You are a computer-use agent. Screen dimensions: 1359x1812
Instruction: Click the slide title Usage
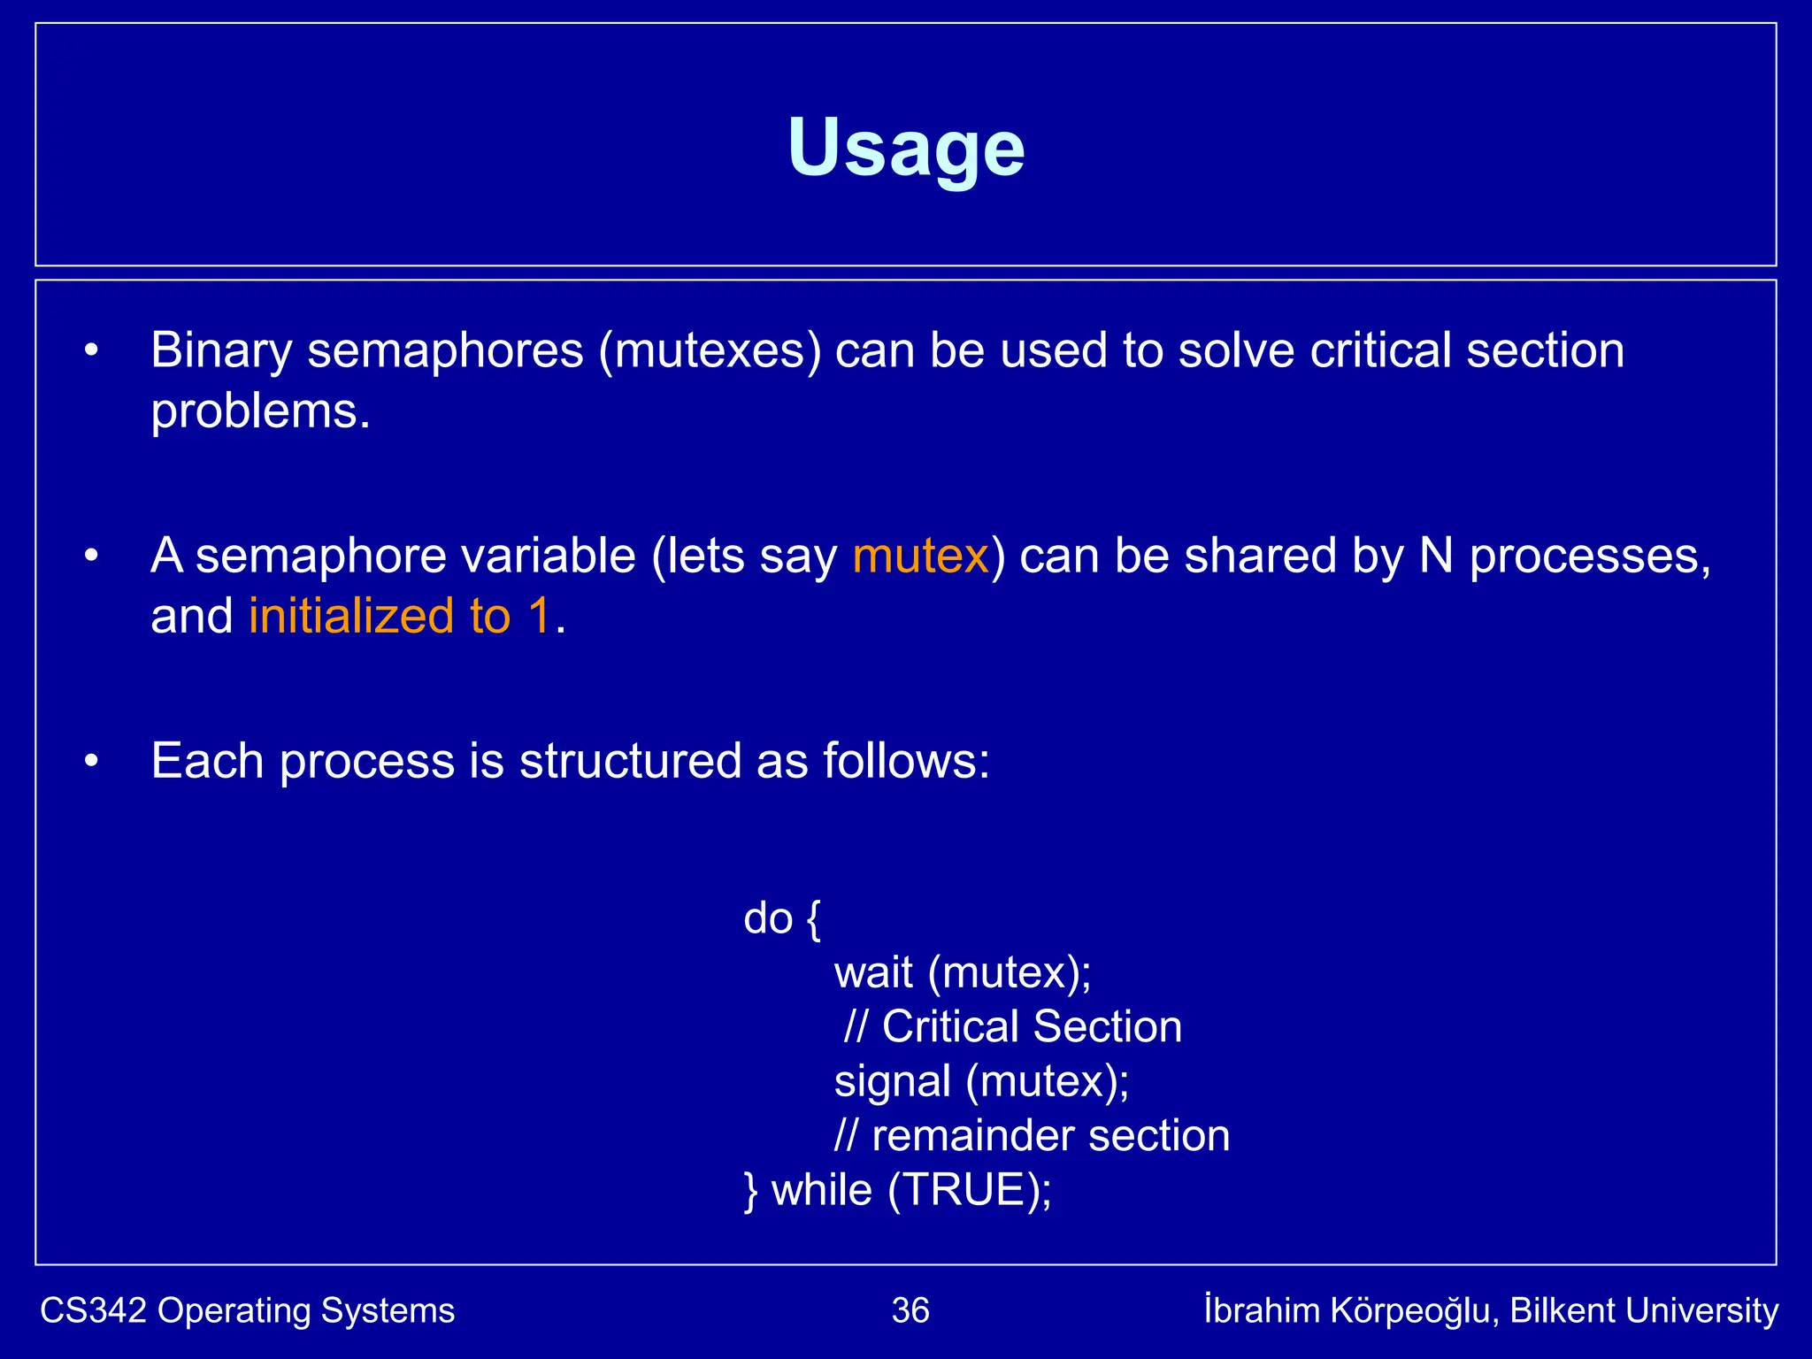coord(906,149)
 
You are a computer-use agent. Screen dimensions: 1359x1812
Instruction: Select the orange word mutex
coord(920,557)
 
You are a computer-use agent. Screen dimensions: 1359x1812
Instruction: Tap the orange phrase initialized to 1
coord(400,617)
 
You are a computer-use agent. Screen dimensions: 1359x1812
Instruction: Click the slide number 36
coord(910,1310)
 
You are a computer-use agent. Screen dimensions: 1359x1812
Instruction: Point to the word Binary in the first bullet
coord(221,351)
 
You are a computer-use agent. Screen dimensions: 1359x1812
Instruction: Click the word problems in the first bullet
coord(260,412)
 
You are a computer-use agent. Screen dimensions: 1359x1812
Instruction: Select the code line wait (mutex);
coord(963,973)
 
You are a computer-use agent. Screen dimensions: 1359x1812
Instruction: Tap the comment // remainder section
coord(1032,1136)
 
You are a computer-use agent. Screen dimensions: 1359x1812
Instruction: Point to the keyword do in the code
coord(768,918)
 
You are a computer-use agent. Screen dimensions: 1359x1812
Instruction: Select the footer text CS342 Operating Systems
coord(248,1310)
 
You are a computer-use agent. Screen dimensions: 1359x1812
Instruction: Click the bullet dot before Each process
coord(91,762)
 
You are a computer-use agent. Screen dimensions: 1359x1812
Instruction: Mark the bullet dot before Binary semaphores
coord(91,351)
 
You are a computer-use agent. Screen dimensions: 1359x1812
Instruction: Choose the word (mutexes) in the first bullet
coord(710,351)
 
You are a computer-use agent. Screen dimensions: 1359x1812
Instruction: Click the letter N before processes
coord(1437,557)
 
